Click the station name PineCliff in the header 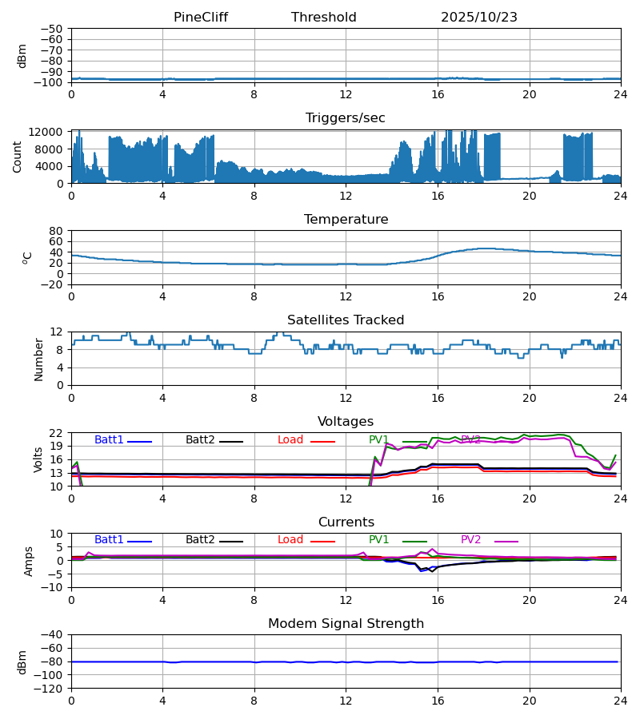coord(201,18)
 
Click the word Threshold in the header coord(323,18)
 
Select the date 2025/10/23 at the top coord(479,18)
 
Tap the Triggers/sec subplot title coord(346,118)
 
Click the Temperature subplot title coord(346,220)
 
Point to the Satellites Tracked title coord(346,320)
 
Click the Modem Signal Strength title coord(346,624)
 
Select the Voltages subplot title coord(346,422)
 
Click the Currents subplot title coord(346,522)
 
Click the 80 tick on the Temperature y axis coord(56,231)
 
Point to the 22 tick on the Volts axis coord(56,433)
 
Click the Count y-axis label coord(18,157)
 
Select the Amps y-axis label coord(29,561)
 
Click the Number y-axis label coord(38,359)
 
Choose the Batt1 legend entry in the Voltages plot coord(110,440)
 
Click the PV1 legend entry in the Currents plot coord(379,540)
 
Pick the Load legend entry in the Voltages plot coord(290,440)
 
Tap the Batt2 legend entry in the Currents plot coord(201,540)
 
